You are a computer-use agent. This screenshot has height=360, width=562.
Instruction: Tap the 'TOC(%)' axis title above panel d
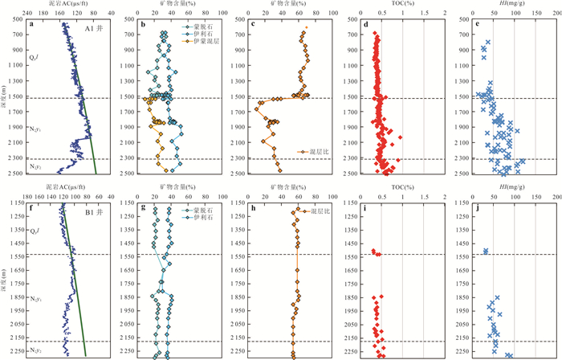point(399,5)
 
